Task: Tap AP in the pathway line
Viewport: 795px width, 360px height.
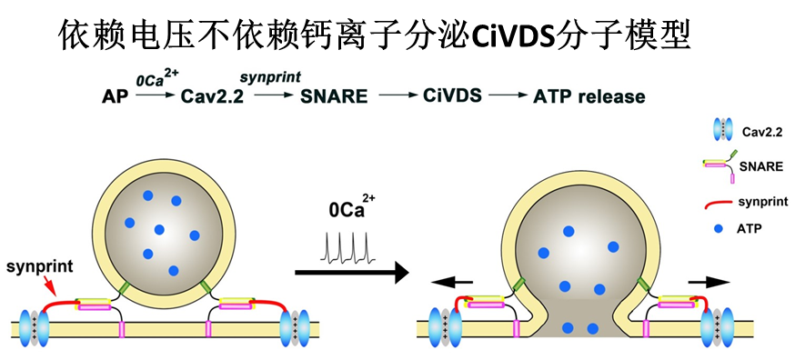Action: click(116, 96)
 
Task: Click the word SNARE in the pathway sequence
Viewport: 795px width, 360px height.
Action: click(334, 96)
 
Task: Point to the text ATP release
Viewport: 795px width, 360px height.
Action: click(589, 96)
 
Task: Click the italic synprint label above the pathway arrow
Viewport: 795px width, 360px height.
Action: click(271, 77)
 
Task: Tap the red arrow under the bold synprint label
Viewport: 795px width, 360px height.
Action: click(50, 285)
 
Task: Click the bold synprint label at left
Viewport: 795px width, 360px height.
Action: click(39, 265)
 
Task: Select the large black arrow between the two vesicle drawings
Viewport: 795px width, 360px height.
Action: click(352, 273)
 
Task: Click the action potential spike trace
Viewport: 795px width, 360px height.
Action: click(348, 247)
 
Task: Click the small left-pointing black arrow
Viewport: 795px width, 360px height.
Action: click(451, 282)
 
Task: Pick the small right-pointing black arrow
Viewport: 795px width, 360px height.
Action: click(709, 282)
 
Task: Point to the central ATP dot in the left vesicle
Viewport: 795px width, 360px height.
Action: click(160, 229)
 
